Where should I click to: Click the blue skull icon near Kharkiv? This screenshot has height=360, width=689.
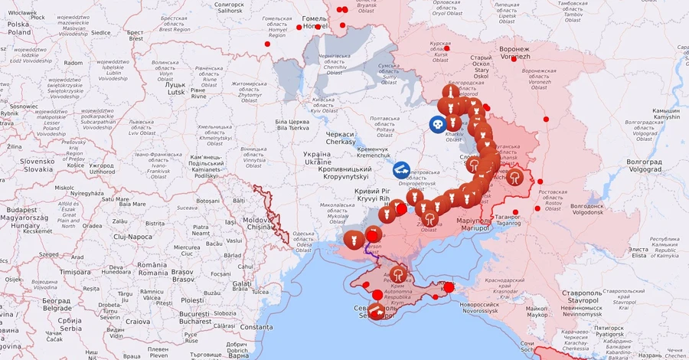[436, 123]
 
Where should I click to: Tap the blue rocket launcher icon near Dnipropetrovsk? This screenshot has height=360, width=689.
[401, 170]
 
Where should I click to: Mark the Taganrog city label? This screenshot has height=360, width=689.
[506, 220]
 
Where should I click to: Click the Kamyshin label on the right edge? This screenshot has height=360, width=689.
[665, 114]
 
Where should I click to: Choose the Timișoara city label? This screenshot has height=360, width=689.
[74, 272]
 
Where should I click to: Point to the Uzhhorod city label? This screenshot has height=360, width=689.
[101, 169]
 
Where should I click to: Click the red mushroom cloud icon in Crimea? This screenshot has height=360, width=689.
[398, 274]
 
